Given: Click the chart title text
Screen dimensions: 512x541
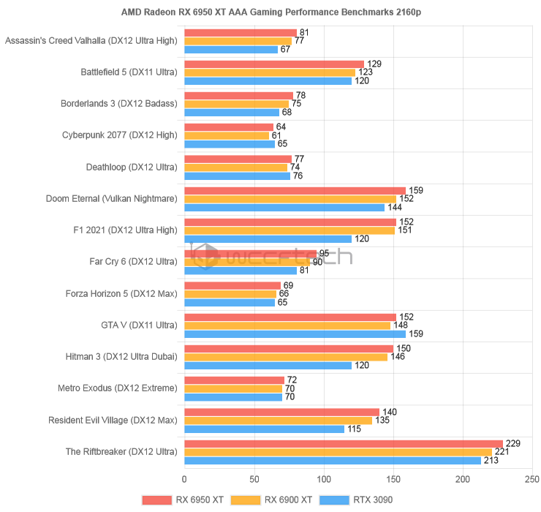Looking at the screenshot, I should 270,12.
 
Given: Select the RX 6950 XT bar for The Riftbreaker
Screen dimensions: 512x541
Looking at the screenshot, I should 344,443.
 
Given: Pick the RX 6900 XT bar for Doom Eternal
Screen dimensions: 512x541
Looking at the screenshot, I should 290,199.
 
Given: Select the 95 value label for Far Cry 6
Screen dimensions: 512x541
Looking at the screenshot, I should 324,253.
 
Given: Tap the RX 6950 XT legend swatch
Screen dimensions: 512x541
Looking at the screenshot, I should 156,500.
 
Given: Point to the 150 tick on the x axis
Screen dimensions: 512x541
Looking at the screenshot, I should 393,480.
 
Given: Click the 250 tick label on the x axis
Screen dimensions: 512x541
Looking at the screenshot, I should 533,480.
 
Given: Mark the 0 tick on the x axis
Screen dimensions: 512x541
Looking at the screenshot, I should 184,480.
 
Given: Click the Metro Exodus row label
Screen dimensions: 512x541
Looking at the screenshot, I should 118,388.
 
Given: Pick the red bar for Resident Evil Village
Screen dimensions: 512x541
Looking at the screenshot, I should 281,412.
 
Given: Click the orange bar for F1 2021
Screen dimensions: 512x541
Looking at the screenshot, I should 290,230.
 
